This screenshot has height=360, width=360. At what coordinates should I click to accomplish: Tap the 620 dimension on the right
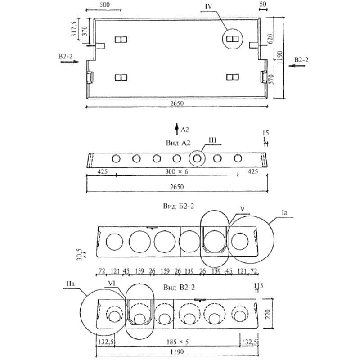[270, 38]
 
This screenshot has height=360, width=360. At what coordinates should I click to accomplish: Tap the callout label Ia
[283, 211]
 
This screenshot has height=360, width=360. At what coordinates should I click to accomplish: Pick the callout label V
[242, 210]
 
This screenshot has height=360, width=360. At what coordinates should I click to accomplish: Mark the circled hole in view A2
[197, 158]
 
